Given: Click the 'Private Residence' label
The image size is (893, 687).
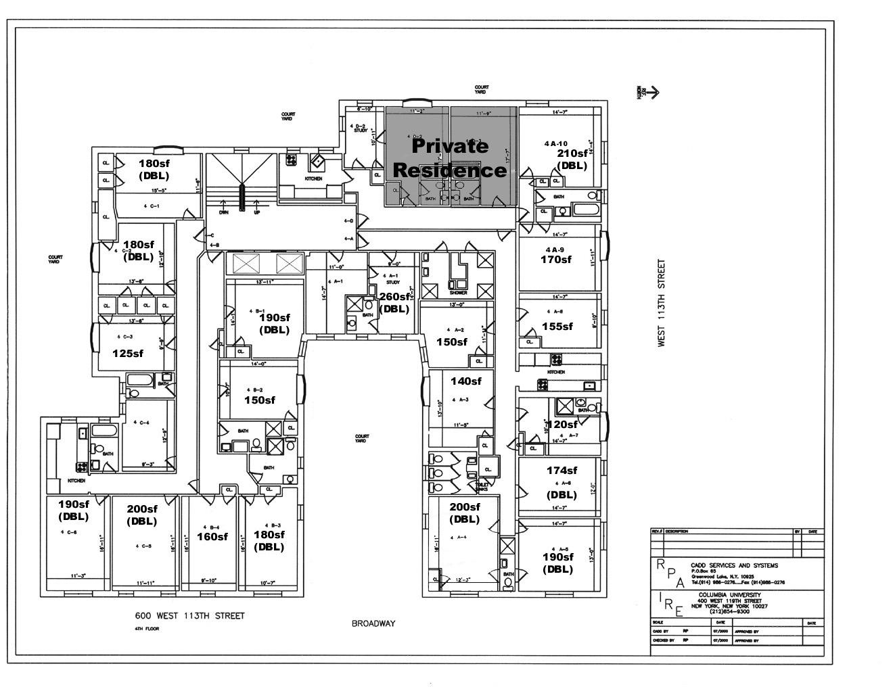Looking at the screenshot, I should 449,158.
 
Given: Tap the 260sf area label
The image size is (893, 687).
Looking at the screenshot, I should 394,296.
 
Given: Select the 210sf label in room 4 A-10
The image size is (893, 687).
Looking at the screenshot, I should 572,153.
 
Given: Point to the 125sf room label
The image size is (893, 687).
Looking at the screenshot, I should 128,353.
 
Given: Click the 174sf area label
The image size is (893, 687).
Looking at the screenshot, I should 562,471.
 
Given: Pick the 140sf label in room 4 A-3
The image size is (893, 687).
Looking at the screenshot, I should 465,381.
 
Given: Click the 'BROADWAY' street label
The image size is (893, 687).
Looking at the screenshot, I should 373,623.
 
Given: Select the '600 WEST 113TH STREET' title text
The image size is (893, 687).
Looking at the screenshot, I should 189,616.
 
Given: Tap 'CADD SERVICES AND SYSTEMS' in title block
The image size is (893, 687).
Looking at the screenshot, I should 734,565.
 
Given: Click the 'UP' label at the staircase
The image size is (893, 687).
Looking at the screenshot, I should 257,212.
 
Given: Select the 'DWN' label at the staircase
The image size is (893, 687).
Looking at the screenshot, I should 224,212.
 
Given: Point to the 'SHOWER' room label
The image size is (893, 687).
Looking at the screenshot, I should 458,293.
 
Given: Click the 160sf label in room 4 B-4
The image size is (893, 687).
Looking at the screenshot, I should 212,536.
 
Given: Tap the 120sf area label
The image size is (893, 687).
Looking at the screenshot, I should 562,425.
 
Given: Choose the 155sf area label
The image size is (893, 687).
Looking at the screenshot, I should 557,326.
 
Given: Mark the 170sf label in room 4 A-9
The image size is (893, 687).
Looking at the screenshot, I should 555,259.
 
